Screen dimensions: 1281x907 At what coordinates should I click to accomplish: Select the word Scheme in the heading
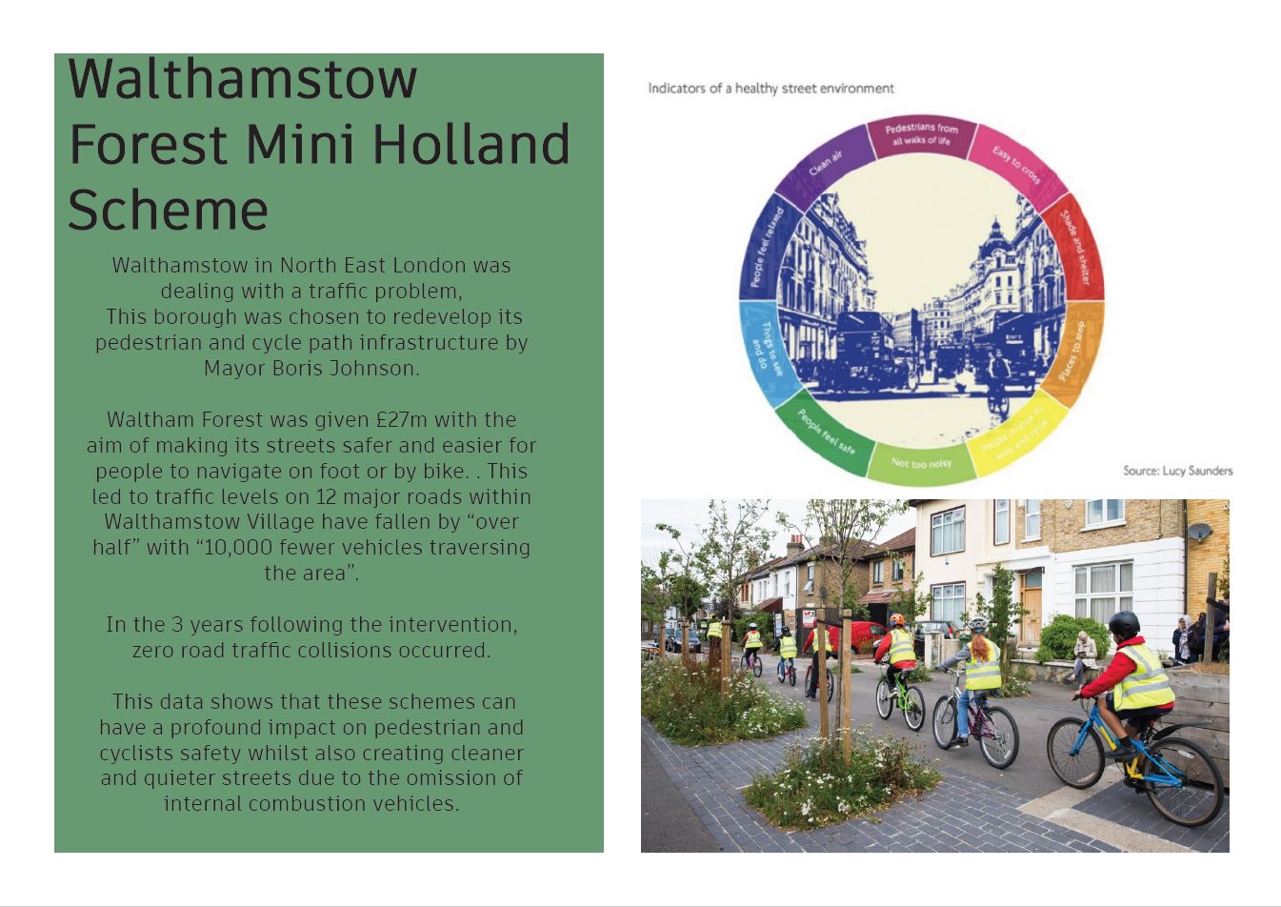click(x=169, y=210)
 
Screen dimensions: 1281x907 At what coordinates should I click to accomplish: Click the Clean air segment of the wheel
click(x=825, y=165)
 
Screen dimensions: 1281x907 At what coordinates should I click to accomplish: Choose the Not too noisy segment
click(x=921, y=463)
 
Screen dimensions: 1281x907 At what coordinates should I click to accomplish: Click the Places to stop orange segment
click(x=1073, y=352)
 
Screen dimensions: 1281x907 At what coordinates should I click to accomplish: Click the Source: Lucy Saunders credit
click(x=1177, y=471)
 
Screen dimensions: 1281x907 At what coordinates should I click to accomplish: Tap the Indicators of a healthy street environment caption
click(x=771, y=88)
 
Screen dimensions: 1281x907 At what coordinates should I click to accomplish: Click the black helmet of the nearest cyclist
click(x=1124, y=625)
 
